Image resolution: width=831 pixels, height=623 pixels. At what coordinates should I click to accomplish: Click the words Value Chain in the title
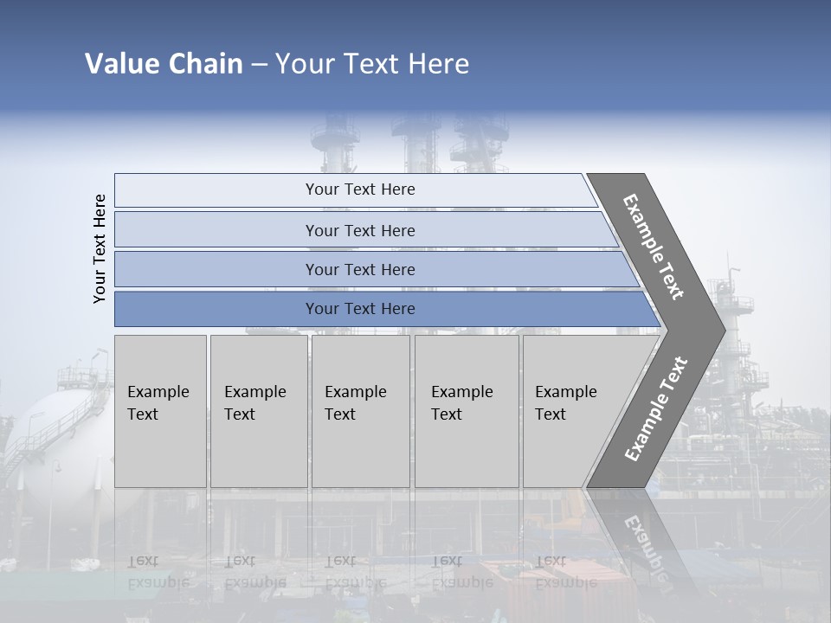point(164,64)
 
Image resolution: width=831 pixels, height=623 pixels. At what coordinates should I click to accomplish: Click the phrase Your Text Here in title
point(372,64)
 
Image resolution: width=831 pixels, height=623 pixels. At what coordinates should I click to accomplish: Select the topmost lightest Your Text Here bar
point(359,189)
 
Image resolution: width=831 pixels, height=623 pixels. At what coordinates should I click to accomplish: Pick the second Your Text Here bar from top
point(359,230)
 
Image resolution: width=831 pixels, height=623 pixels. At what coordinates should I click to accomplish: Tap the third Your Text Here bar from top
point(359,269)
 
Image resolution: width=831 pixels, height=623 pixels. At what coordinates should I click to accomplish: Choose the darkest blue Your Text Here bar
point(359,309)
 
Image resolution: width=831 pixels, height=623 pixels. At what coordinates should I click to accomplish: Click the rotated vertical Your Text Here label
point(100,248)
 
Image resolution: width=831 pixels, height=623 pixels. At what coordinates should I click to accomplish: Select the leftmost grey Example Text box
point(160,411)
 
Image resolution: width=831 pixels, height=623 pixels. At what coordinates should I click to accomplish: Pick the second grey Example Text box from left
point(258,411)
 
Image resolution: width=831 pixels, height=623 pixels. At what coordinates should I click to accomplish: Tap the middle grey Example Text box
point(360,411)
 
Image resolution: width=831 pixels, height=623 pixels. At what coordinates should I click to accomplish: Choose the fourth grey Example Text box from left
point(466,411)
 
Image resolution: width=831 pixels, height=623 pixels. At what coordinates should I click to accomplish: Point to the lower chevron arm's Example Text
point(656,409)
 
